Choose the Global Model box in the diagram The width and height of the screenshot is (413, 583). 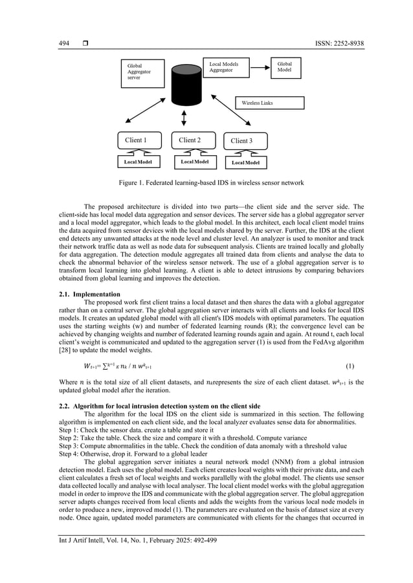(285, 68)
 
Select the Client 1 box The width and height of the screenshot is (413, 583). (137, 140)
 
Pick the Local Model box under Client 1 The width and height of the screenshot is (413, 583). (138, 162)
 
